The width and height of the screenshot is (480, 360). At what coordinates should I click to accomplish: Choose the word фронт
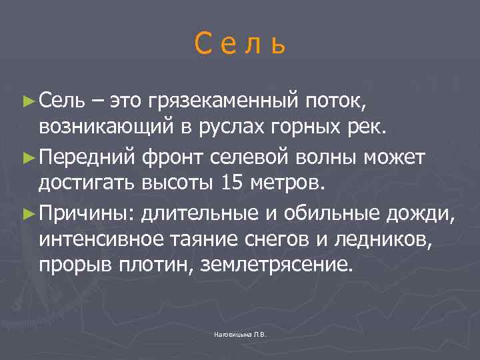tap(177, 158)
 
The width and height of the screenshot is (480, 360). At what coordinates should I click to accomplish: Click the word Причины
tap(85, 214)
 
